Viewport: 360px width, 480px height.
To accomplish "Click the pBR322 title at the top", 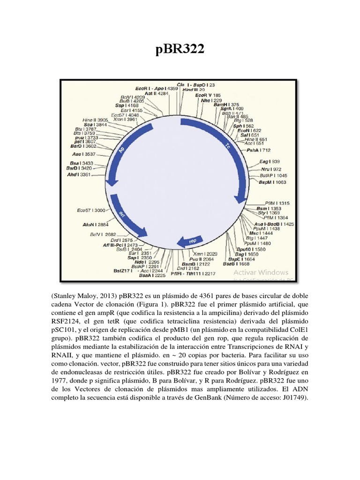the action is [x=180, y=49].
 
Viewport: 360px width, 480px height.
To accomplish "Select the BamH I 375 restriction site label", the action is [x=226, y=105].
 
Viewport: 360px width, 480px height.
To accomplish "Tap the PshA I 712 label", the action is [x=259, y=150].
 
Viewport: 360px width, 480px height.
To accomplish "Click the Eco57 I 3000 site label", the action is [x=91, y=210].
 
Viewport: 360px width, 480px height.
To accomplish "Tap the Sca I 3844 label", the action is [x=95, y=125].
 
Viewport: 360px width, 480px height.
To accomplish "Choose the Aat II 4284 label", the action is [x=157, y=94].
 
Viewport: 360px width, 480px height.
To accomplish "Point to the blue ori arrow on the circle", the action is [x=128, y=218].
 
